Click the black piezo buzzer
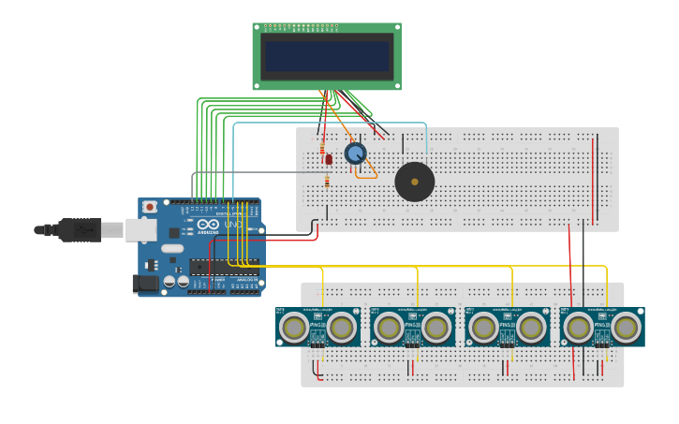[414, 182]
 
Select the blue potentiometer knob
[355, 154]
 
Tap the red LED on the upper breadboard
[328, 160]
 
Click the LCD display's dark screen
[326, 56]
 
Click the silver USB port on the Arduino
[141, 229]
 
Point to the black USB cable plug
[79, 229]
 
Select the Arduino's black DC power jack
[145, 282]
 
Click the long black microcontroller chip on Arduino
[224, 267]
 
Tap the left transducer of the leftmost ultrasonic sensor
[294, 328]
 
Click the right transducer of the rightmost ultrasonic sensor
[626, 328]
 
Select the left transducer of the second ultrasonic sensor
[389, 328]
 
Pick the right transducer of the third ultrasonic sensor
[531, 328]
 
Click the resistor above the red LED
[323, 148]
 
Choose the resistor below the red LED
[327, 181]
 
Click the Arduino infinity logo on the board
[207, 226]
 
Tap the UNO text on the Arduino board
[232, 226]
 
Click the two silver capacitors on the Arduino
[176, 281]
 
